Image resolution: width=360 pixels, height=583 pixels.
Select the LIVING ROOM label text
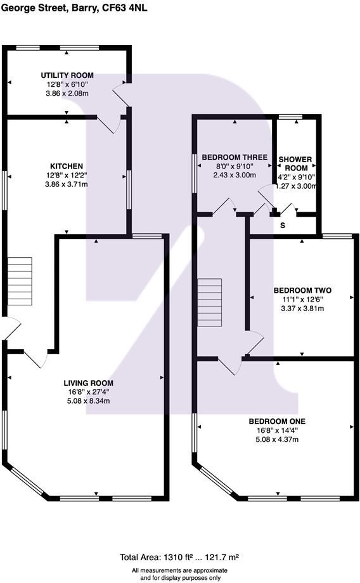[88, 383]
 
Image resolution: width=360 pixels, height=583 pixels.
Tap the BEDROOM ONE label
[277, 421]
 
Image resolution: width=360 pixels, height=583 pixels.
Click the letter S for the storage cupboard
[283, 225]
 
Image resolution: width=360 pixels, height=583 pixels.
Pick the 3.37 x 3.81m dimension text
[301, 309]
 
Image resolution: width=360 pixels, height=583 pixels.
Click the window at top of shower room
[290, 117]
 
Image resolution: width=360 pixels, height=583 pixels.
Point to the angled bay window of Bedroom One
[215, 481]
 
